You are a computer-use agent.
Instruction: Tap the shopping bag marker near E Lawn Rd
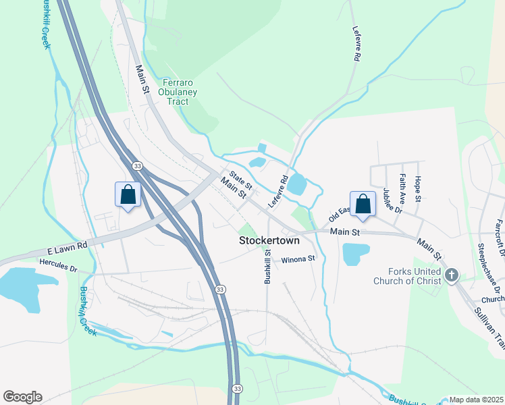(x=128, y=196)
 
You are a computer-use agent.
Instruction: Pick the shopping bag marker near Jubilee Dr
(x=363, y=206)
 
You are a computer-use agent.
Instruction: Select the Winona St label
(x=298, y=259)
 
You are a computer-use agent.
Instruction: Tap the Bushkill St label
(x=268, y=267)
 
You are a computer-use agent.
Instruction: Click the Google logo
(x=22, y=397)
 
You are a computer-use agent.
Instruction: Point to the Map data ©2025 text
(x=476, y=400)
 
